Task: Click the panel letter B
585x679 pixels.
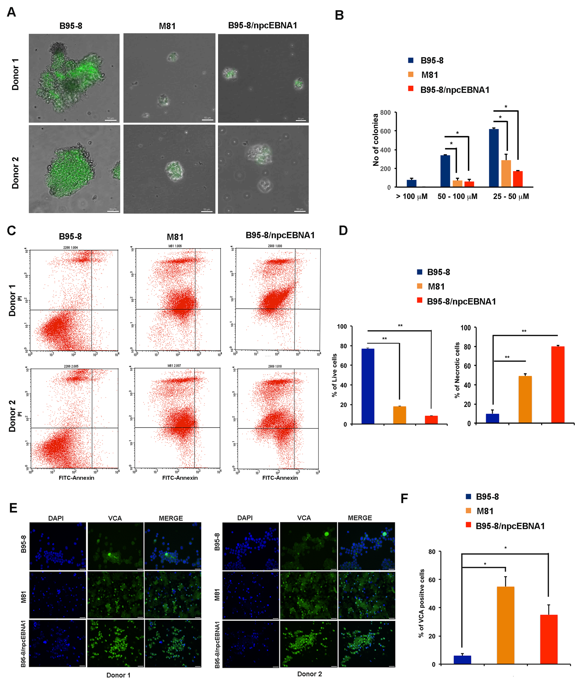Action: point(339,15)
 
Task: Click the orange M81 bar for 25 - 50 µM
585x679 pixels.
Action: point(506,173)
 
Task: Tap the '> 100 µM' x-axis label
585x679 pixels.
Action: point(412,196)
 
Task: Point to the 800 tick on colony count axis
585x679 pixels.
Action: point(385,112)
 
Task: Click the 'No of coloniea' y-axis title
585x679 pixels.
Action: point(375,140)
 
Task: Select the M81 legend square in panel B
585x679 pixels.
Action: point(411,75)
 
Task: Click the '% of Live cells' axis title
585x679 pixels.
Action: point(334,375)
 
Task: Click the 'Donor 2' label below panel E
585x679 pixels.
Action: point(309,674)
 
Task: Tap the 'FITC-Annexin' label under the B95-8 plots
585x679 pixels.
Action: point(76,478)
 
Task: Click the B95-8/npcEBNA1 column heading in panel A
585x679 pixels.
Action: point(262,26)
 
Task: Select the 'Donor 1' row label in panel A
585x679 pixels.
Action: point(15,74)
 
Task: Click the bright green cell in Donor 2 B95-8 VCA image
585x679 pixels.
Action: point(326,534)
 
